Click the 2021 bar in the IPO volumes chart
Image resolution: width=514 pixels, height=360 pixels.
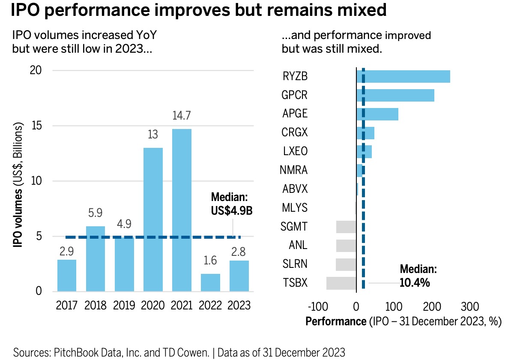[182, 210]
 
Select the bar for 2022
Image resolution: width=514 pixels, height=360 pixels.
[210, 282]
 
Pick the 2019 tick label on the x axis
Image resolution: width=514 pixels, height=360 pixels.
[124, 305]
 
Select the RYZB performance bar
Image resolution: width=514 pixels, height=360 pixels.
[403, 76]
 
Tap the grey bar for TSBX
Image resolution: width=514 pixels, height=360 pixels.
[341, 283]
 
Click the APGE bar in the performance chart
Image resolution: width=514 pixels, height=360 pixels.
[377, 114]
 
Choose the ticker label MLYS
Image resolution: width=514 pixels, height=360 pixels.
[295, 208]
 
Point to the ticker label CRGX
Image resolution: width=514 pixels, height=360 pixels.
[295, 133]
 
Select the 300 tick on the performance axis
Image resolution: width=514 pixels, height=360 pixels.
[470, 307]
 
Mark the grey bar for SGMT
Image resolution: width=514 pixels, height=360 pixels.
[346, 227]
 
